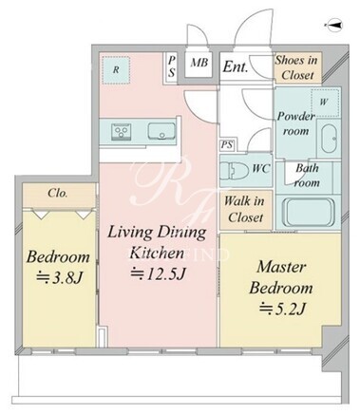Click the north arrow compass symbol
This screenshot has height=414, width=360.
tap(334, 26)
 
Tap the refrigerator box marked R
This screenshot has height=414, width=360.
tap(117, 70)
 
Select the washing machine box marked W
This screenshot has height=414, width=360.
tap(325, 103)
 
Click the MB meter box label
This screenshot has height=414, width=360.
tap(199, 63)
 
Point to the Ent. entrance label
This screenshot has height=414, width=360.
tap(236, 66)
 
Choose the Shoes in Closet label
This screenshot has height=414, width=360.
tap(296, 67)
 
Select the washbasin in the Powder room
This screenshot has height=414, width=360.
tap(330, 139)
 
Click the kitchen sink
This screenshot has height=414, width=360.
tap(161, 131)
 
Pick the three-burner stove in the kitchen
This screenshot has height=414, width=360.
tap(121, 132)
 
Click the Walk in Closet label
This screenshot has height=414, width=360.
tap(245, 209)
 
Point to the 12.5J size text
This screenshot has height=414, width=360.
tap(159, 273)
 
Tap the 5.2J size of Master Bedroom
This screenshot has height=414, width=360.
tap(282, 309)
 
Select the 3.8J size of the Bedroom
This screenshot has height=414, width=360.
tap(60, 277)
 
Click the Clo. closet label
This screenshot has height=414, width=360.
tap(58, 193)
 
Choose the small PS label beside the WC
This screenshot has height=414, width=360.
tap(227, 145)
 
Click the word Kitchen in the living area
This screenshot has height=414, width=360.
tap(157, 254)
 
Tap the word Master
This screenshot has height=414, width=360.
tap(281, 267)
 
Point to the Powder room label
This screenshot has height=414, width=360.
tap(296, 123)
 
